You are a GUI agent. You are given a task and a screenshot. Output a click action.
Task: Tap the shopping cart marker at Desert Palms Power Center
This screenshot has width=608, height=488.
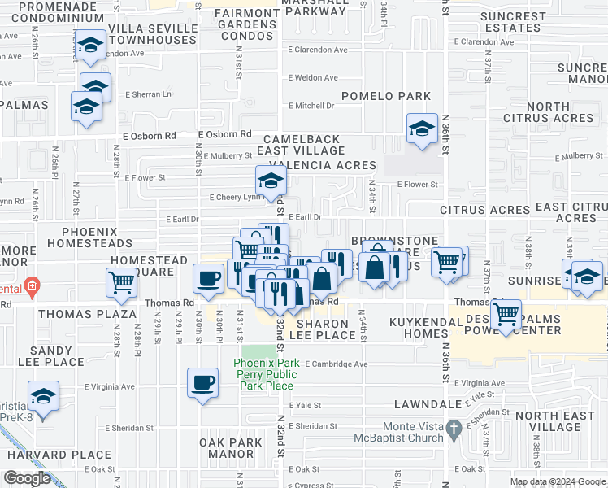(x=507, y=313)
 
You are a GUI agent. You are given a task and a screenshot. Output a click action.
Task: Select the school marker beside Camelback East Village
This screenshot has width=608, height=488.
(x=422, y=129)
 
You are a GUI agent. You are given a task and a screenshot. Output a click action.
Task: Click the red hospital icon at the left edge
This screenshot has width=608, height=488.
(x=32, y=285)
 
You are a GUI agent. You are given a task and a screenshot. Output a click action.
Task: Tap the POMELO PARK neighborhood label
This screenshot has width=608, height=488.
(x=386, y=96)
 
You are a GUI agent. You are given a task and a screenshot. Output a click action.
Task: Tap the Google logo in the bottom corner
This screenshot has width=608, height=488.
(x=27, y=477)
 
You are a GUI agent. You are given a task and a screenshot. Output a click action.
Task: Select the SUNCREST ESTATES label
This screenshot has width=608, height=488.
(x=513, y=22)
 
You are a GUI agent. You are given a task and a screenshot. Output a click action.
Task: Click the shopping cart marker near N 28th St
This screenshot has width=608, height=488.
(x=121, y=283)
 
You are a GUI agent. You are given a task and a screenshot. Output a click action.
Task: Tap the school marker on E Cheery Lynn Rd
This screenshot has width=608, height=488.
(x=271, y=180)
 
